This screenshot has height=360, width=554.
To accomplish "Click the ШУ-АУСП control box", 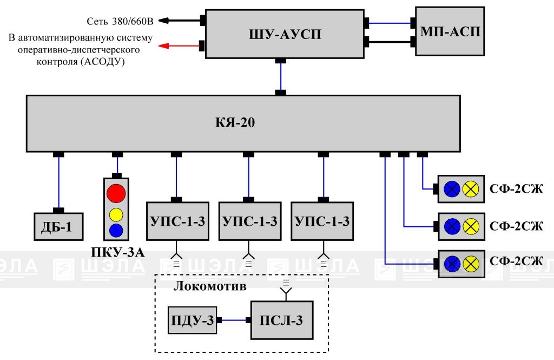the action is click(285, 34).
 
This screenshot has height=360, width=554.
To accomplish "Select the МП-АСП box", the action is click(450, 31).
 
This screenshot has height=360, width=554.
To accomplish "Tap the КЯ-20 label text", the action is click(235, 122).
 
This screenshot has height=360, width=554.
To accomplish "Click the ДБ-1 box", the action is click(58, 227).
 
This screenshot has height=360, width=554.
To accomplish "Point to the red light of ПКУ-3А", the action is click(116, 193).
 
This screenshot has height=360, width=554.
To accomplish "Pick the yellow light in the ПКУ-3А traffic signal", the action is click(116, 215).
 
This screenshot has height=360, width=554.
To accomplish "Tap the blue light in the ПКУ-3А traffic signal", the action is click(116, 230).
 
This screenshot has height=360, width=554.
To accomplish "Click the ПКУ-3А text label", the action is click(117, 252).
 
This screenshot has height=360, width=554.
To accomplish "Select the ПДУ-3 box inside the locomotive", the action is click(192, 320).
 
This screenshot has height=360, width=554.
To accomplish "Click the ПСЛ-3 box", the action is click(281, 320).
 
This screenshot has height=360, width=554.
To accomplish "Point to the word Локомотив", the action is click(210, 286).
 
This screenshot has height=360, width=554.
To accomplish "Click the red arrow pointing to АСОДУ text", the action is click(179, 45).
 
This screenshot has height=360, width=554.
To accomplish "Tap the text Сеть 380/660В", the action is click(120, 21).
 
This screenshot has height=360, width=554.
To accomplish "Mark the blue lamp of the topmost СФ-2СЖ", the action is click(452, 189).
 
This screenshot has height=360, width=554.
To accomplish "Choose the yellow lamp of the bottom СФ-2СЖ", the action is click(471, 264).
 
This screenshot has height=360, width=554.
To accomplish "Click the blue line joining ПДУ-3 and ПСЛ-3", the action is click(234, 320).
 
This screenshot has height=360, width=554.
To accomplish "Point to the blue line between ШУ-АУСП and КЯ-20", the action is click(281, 77).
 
